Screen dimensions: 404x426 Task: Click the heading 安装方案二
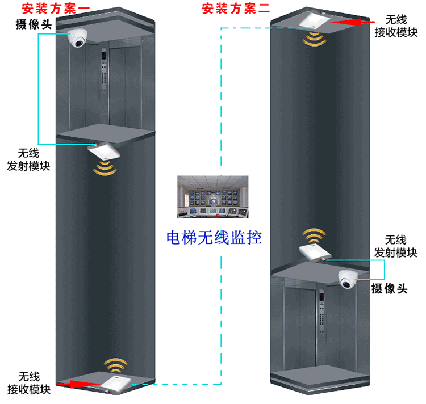[x=229, y=9]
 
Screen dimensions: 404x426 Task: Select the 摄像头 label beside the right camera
[x=390, y=289]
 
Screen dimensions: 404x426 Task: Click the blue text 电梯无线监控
[x=214, y=237]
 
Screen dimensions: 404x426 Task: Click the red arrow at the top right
[x=346, y=22]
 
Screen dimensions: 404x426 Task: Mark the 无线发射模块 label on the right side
[x=396, y=246]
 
